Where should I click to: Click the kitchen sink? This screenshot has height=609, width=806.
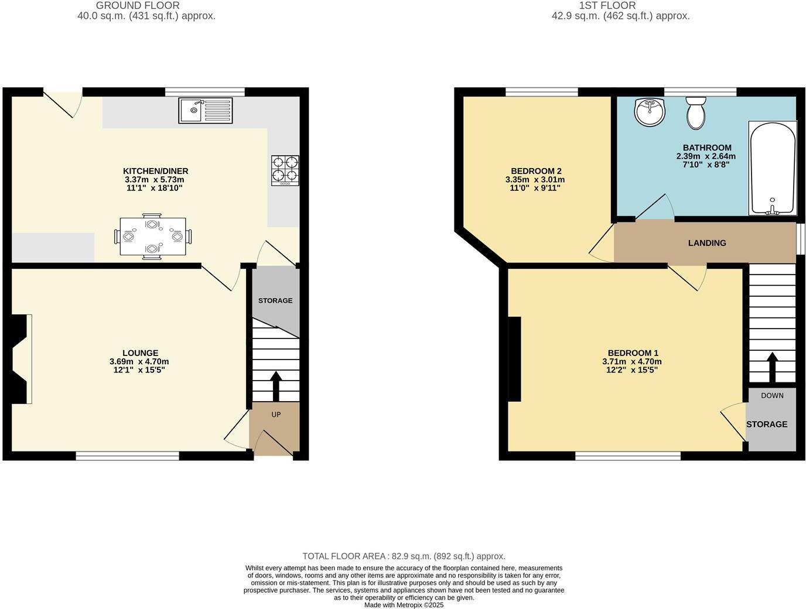pyautogui.click(x=205, y=110)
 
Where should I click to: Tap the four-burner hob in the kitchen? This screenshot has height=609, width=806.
pyautogui.click(x=285, y=170)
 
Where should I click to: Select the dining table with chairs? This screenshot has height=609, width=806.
pyautogui.click(x=153, y=237)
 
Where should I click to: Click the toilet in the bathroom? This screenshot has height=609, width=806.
pyautogui.click(x=696, y=113)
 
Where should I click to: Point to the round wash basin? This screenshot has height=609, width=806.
pyautogui.click(x=650, y=112)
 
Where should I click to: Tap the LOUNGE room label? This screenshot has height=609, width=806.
pyautogui.click(x=141, y=353)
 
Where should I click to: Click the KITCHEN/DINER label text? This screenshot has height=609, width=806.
pyautogui.click(x=156, y=171)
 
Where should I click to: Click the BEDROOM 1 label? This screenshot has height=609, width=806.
pyautogui.click(x=633, y=353)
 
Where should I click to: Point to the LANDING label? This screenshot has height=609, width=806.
pyautogui.click(x=707, y=243)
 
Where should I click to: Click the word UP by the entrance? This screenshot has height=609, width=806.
pyautogui.click(x=276, y=415)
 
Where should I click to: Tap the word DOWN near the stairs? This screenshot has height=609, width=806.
pyautogui.click(x=772, y=396)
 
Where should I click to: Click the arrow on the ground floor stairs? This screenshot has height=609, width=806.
pyautogui.click(x=275, y=385)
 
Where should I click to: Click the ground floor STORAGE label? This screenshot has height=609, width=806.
pyautogui.click(x=275, y=300)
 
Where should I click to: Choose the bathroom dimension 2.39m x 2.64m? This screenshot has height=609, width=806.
pyautogui.click(x=706, y=156)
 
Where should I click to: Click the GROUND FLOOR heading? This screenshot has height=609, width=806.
pyautogui.click(x=138, y=5)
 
